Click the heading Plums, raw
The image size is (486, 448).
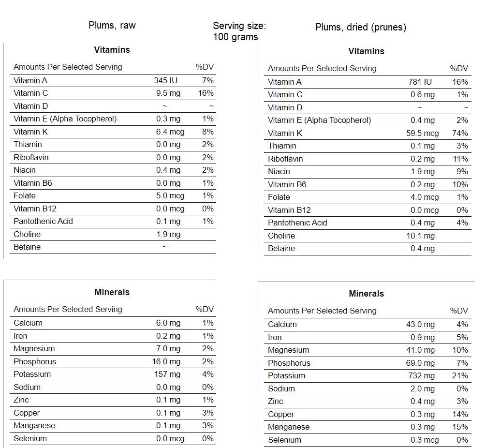(x=112, y=25)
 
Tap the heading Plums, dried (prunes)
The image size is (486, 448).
(x=360, y=27)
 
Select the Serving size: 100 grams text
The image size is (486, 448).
(x=239, y=31)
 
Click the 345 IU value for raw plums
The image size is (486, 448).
(x=165, y=81)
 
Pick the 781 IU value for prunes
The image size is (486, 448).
(x=420, y=82)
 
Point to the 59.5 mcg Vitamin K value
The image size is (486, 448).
(x=422, y=133)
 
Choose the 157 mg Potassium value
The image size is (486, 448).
(x=168, y=374)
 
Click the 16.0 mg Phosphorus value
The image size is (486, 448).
(x=166, y=362)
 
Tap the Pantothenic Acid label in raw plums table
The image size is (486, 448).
(x=43, y=222)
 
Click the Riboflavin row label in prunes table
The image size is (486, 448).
(x=286, y=159)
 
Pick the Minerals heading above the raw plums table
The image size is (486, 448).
(x=112, y=292)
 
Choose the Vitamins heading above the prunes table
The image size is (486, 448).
(x=366, y=51)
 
